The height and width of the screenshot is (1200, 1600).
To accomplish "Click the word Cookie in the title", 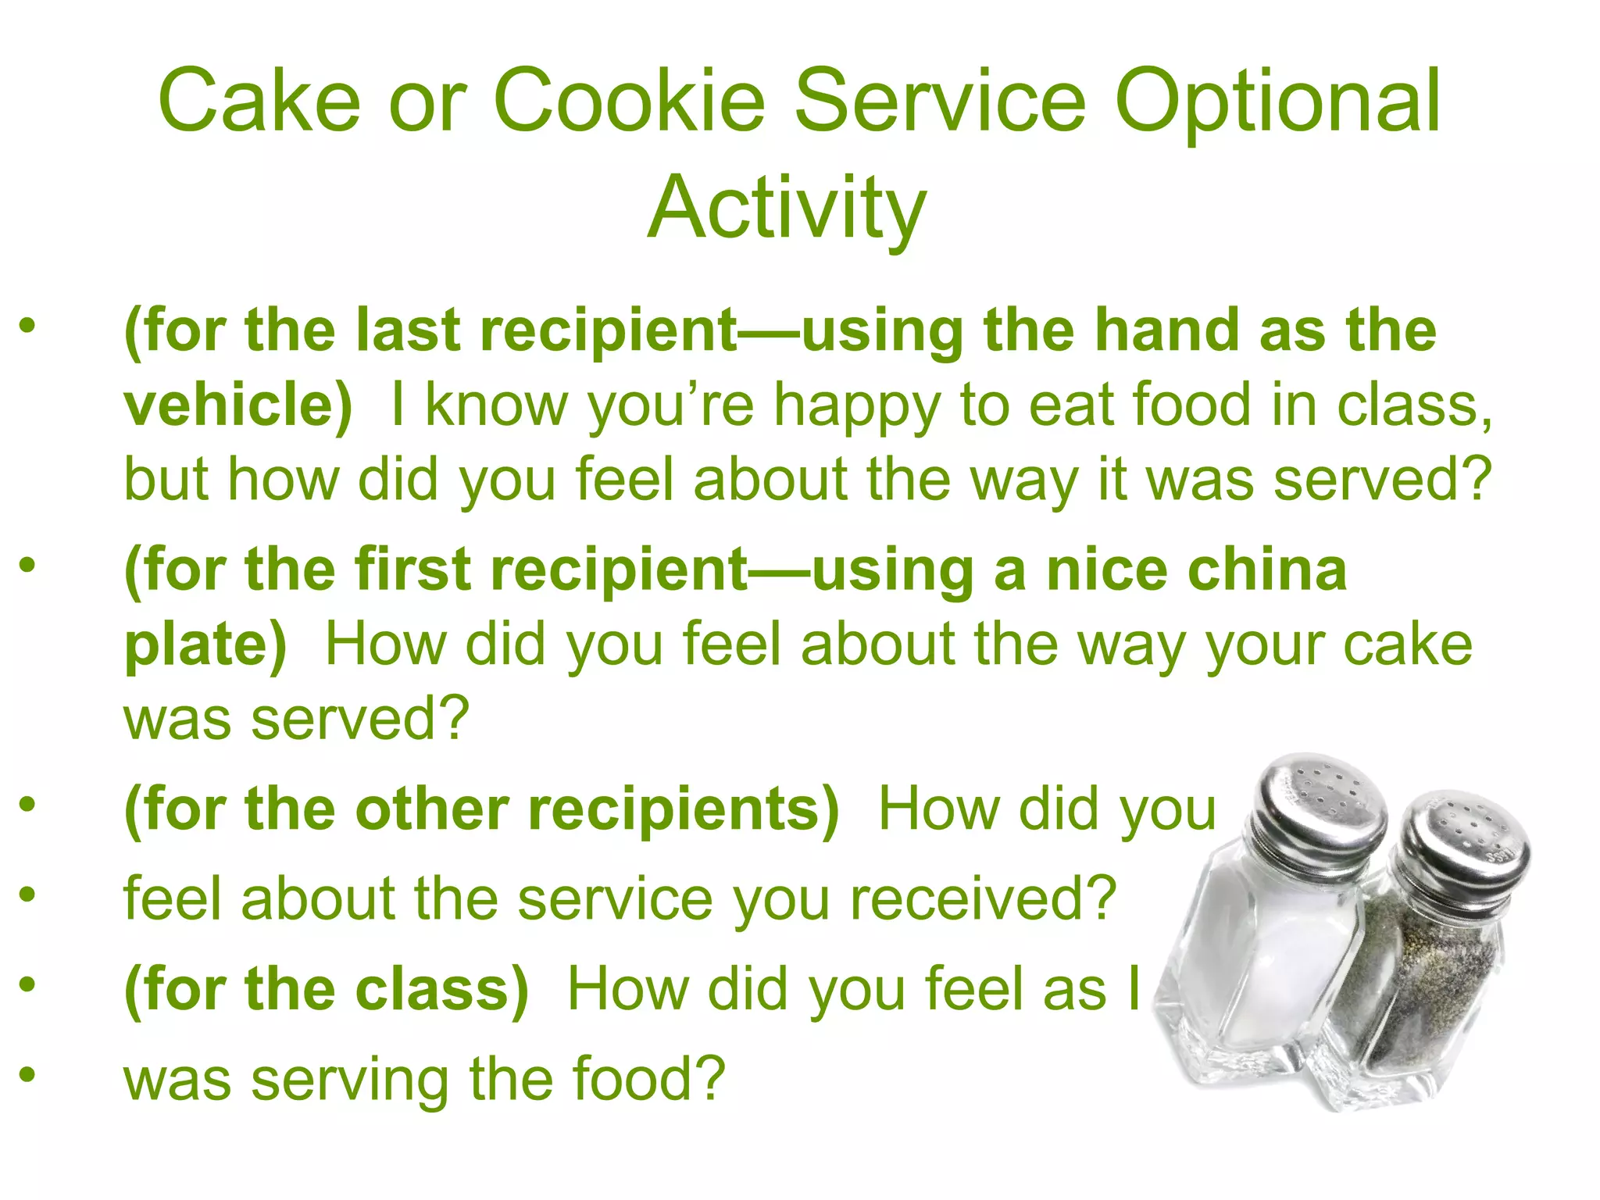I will click(629, 102).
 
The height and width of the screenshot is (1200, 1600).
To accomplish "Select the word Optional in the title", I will click(1277, 102).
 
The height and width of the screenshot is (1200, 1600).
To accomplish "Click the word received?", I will click(983, 899).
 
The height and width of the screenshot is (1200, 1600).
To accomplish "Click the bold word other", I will click(432, 809).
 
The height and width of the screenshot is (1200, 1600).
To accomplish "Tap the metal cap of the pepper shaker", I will click(1461, 852).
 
